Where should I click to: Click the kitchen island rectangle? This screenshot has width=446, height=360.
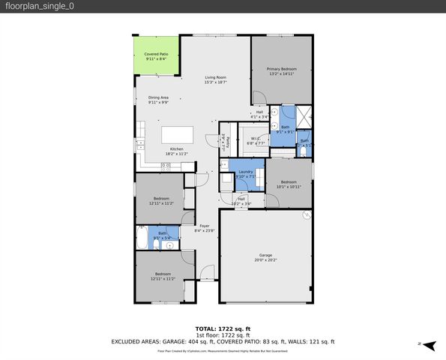[x=178, y=134]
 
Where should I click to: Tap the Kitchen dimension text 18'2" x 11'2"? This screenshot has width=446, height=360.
[x=176, y=154]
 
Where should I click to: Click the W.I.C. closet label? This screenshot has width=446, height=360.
[x=256, y=139]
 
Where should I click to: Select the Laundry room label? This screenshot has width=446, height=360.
[x=246, y=172]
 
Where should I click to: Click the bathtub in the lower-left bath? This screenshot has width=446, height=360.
[x=143, y=238]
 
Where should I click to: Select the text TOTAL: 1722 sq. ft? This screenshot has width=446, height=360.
[x=223, y=328]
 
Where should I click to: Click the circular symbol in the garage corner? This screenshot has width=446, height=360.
[x=306, y=215]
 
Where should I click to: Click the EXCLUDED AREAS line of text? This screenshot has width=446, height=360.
[x=223, y=340]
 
